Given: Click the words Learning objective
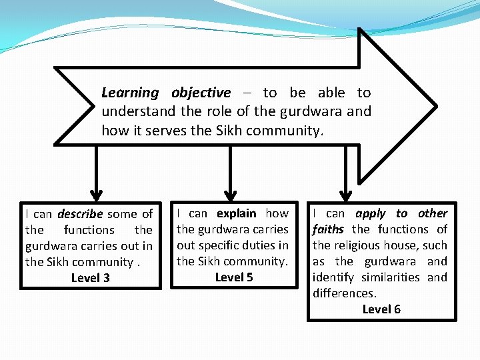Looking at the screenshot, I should [x=166, y=93].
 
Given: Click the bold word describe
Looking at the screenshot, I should [x=79, y=214].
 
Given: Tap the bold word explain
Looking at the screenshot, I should [x=236, y=213].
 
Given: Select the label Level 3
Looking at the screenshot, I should [x=91, y=278].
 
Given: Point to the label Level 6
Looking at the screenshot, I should [x=381, y=309].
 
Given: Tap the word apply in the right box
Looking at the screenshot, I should [x=371, y=213].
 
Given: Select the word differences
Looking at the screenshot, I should [x=345, y=293].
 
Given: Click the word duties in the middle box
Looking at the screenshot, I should [x=257, y=245].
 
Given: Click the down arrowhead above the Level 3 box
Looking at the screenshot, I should [x=97, y=195].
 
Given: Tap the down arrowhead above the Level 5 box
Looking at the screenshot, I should [x=231, y=195].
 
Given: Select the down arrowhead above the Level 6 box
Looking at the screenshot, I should [x=346, y=195].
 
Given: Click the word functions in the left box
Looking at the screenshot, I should [x=89, y=230].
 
